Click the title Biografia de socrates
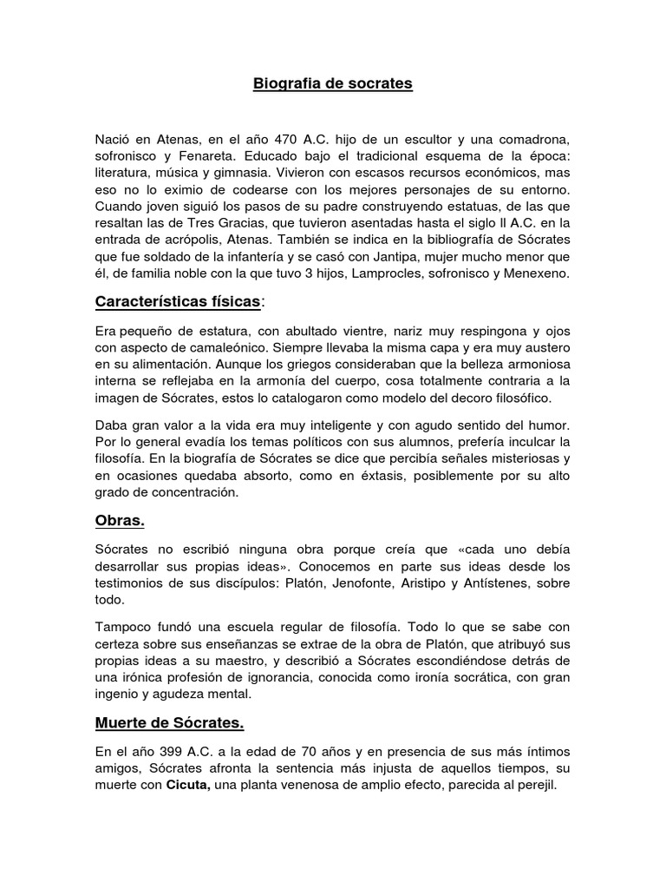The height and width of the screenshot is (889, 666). coord(332,84)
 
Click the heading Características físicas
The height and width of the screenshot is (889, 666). coord(177,301)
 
